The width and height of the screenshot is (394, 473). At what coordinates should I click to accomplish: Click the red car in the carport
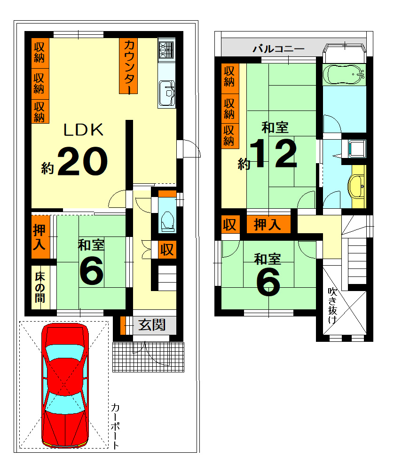coord(65,385)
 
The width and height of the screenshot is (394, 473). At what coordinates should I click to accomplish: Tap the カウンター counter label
coord(128,66)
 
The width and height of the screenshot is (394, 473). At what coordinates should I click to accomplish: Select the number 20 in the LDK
coord(82,161)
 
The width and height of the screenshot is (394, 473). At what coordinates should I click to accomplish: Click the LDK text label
coord(83,130)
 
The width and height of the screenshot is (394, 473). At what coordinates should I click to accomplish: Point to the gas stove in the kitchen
coord(166,50)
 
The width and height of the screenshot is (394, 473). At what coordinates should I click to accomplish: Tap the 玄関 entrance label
coord(152,325)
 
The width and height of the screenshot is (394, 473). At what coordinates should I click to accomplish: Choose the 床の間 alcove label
coord(40,287)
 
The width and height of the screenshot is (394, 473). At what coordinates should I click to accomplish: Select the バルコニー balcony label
coord(278,48)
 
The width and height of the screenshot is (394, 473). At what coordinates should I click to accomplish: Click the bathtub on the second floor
coord(344,74)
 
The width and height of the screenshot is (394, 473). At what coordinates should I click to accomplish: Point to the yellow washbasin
coord(356,186)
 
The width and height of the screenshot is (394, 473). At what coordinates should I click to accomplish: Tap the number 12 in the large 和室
coord(274,153)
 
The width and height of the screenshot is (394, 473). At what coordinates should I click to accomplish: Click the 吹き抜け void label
coord(332,306)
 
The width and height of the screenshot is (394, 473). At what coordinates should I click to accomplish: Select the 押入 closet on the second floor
coord(268,224)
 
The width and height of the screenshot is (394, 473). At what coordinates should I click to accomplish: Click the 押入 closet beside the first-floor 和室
coord(40,237)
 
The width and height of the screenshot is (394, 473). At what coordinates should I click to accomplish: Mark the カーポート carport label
coord(115,426)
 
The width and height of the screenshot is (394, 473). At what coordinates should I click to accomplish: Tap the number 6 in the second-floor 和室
coord(268,283)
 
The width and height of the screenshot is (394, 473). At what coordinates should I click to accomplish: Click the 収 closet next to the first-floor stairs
coord(167,250)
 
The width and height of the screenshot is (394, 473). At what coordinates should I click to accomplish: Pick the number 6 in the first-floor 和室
coord(91,271)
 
